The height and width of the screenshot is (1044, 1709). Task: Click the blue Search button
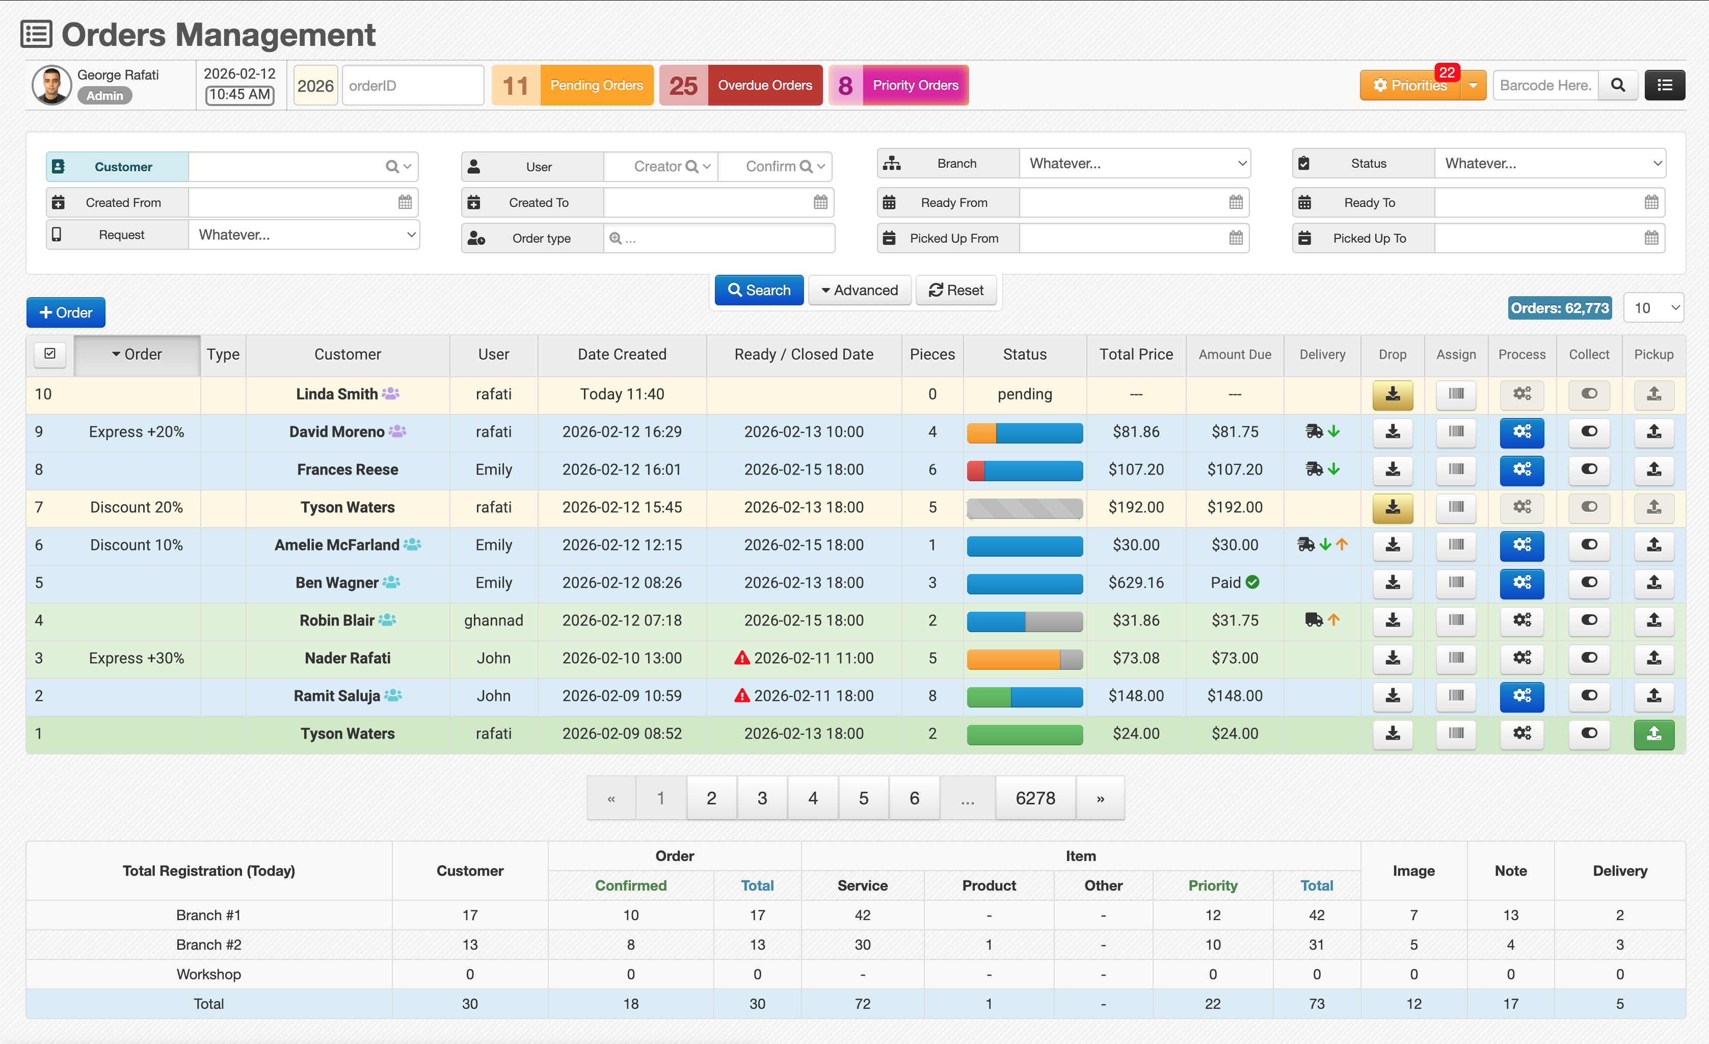point(759,290)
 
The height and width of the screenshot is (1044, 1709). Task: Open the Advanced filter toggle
point(860,290)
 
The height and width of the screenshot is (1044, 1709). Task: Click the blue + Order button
point(66,312)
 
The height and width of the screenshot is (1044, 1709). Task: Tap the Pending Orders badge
point(572,85)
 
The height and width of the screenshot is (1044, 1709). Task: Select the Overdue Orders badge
point(741,85)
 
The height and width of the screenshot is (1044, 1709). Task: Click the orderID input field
point(413,85)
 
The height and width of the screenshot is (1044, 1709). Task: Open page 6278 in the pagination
point(1035,798)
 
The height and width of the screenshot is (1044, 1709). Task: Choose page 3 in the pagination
point(762,798)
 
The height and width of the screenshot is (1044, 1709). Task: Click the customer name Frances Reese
point(348,469)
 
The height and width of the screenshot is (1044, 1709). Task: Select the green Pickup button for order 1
point(1653,734)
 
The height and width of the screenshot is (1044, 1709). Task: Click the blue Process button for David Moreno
point(1521,432)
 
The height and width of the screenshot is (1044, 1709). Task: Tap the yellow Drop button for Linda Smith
point(1393,395)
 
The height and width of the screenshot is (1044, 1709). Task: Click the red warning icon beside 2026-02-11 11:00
point(742,658)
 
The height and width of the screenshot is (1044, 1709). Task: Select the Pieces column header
point(932,354)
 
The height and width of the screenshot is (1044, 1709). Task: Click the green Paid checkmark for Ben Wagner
point(1252,583)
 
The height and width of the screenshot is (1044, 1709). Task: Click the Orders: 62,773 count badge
point(1560,308)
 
